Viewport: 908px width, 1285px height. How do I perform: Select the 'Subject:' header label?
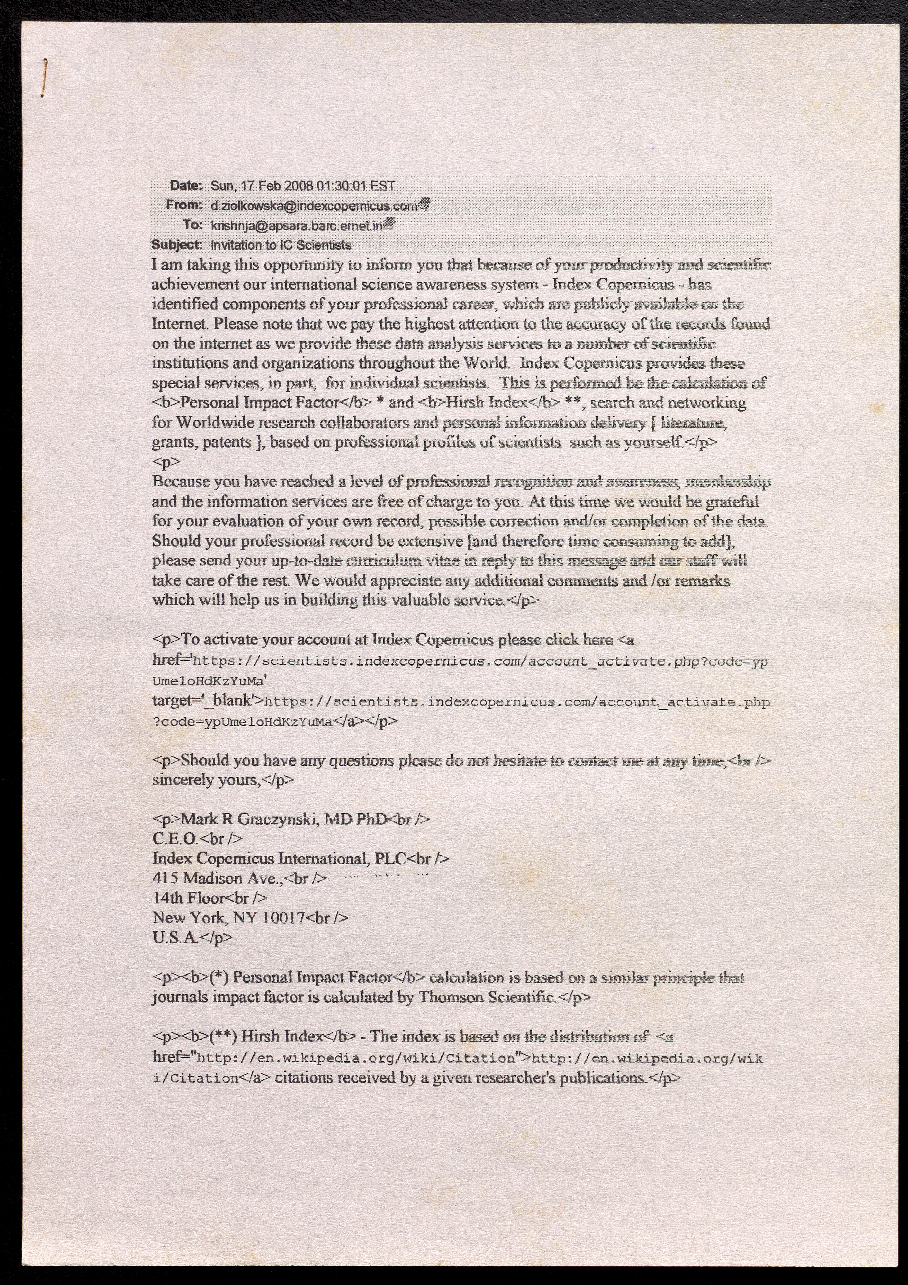[176, 245]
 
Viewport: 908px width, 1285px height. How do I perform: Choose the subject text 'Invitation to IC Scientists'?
[280, 245]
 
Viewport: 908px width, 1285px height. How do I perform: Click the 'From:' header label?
[184, 205]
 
